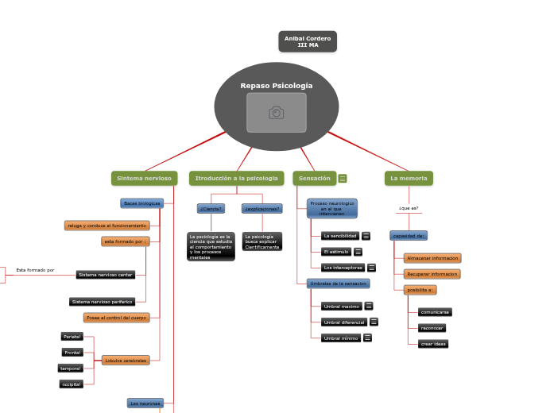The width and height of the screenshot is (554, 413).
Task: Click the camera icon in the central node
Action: [x=276, y=113]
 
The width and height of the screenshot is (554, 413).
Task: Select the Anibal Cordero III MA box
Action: [x=308, y=41]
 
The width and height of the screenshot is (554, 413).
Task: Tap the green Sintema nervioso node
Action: [x=144, y=179]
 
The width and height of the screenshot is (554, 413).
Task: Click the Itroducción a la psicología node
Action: [x=236, y=179]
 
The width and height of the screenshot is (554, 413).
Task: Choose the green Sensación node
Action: [x=314, y=179]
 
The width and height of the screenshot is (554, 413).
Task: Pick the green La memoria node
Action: [x=409, y=179]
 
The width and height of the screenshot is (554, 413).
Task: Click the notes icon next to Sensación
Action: [x=343, y=179]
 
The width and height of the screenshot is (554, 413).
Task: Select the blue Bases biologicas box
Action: [x=141, y=203]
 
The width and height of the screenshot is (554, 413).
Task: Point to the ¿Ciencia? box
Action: [x=211, y=209]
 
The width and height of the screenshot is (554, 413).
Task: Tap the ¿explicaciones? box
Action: [x=262, y=209]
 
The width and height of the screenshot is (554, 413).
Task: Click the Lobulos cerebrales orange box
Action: [x=126, y=361]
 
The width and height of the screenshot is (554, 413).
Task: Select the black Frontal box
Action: [x=72, y=353]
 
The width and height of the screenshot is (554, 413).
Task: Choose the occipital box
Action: [x=72, y=384]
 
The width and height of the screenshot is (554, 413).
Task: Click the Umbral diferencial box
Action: [x=343, y=322]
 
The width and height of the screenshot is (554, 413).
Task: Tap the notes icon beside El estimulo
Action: [x=358, y=252]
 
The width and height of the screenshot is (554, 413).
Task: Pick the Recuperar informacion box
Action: [x=432, y=274]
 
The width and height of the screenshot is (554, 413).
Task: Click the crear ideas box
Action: [x=433, y=344]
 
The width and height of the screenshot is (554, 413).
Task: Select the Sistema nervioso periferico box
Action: [x=102, y=302]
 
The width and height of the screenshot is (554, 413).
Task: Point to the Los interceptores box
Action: [x=343, y=268]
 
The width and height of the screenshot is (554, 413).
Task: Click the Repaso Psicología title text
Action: [x=276, y=86]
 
